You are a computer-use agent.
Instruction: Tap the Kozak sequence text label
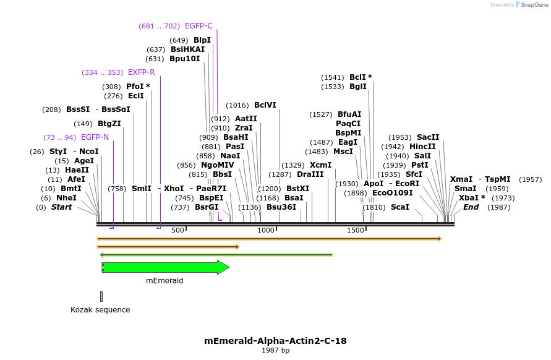click(100, 310)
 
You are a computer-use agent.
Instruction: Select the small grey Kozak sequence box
click(101, 296)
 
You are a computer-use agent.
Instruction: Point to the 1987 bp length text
click(275, 351)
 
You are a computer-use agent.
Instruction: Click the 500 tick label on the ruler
click(178, 230)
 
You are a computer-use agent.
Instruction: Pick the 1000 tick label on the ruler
click(266, 230)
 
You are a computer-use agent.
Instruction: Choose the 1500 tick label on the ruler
click(356, 230)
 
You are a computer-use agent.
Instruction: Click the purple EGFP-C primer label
click(199, 26)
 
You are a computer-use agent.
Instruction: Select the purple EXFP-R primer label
click(141, 72)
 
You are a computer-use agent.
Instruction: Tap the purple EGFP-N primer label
click(95, 137)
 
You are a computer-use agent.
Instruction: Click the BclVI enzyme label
click(265, 105)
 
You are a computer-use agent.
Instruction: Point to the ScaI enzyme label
click(400, 207)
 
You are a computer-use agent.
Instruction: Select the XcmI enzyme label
click(320, 165)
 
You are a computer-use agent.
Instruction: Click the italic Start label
click(61, 207)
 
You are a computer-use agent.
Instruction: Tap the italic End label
click(471, 207)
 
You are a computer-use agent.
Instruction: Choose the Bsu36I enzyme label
click(281, 207)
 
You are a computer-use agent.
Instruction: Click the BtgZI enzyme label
click(109, 124)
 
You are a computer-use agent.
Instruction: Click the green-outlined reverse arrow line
click(216, 254)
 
